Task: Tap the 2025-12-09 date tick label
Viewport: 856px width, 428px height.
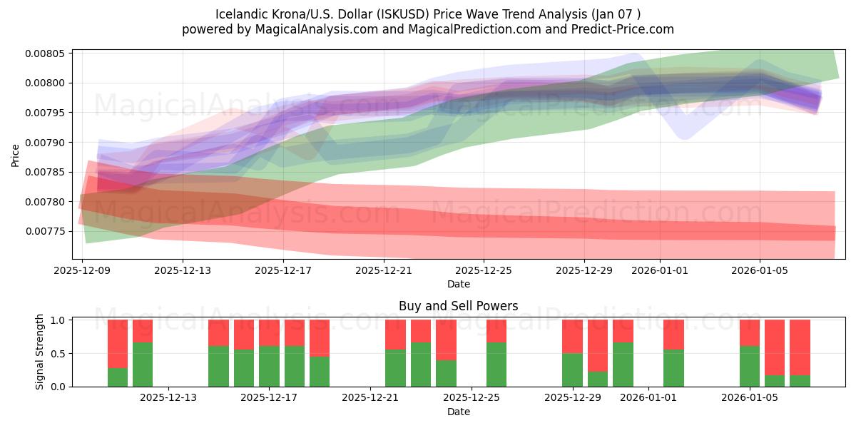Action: [x=82, y=270]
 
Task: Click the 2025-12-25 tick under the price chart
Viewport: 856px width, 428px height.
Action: [x=484, y=270]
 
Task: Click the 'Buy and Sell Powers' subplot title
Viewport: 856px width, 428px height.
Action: [x=458, y=306]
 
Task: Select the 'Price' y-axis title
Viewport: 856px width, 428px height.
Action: [x=16, y=155]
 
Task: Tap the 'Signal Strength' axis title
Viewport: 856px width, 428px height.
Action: [x=40, y=352]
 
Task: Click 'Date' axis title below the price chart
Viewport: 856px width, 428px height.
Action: [x=458, y=284]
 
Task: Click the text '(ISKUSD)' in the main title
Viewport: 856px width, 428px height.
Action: [x=402, y=14]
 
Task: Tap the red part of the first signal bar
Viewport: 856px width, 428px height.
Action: [x=118, y=343]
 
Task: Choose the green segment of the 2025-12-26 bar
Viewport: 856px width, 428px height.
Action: [x=496, y=364]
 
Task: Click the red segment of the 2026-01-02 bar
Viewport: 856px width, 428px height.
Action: [x=673, y=334]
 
